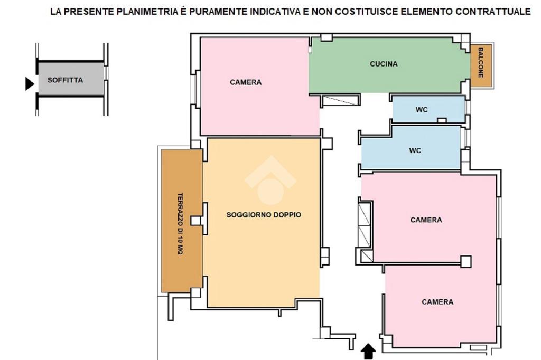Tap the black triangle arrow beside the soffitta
click(x=29, y=83)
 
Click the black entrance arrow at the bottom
click(x=368, y=352)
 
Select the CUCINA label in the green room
click(x=384, y=64)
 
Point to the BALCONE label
click(x=481, y=63)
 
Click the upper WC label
click(x=422, y=110)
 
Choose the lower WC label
click(x=415, y=150)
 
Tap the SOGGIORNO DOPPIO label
click(x=264, y=215)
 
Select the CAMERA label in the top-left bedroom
click(x=246, y=82)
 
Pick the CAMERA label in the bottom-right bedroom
click(x=437, y=302)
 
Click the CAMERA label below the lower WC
click(x=426, y=220)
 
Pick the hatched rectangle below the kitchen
click(x=340, y=101)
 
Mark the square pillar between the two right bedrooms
click(x=465, y=261)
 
